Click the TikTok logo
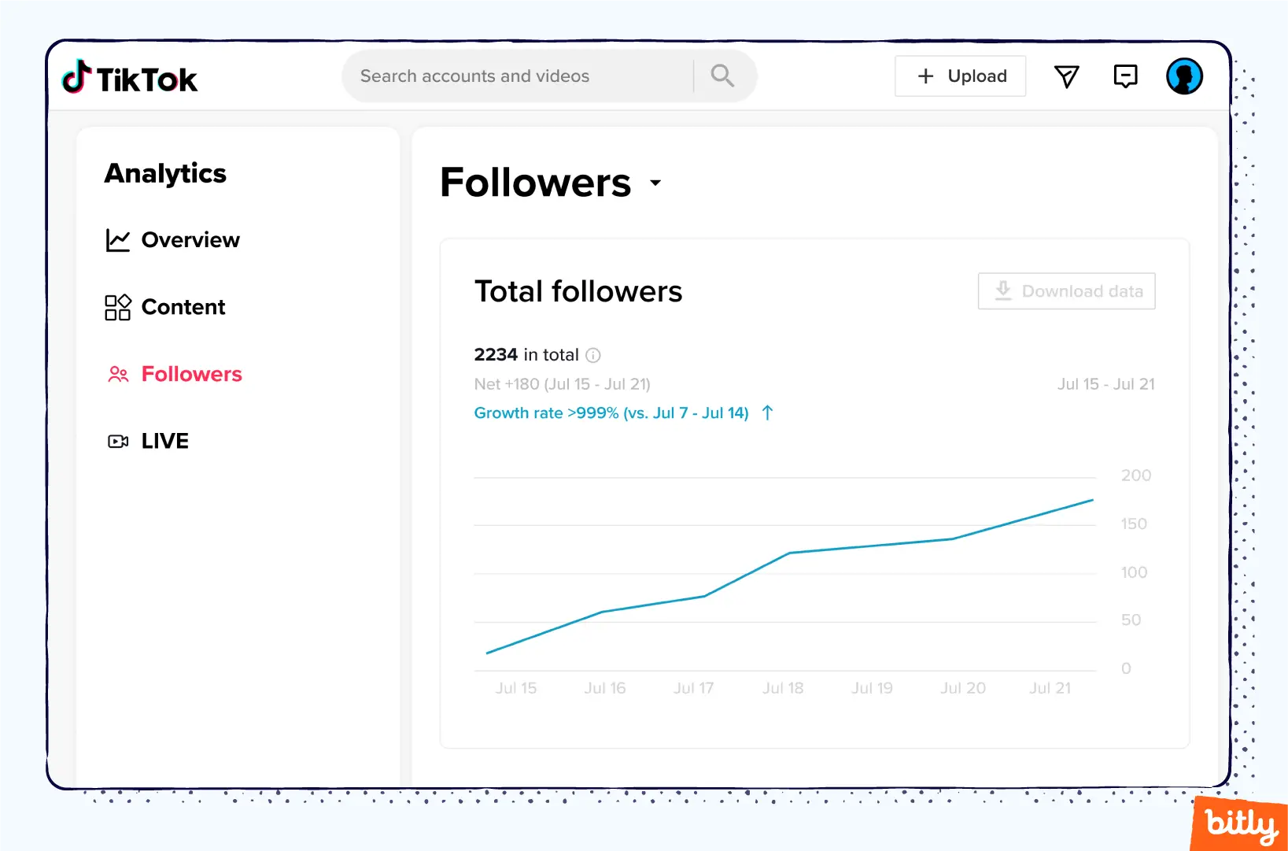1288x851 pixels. [x=130, y=78]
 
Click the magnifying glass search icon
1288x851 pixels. [x=722, y=76]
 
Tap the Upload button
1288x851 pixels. [x=960, y=76]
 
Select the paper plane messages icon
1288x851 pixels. [x=1066, y=76]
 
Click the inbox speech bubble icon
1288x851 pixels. [x=1125, y=76]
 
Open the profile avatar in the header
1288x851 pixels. [x=1184, y=76]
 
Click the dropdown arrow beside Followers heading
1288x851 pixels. [x=655, y=183]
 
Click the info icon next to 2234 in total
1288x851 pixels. [x=593, y=355]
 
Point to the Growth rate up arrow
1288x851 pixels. [x=768, y=413]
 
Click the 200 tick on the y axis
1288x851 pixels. [x=1135, y=475]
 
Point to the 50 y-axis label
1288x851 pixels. [x=1131, y=620]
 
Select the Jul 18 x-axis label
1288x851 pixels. [x=783, y=688]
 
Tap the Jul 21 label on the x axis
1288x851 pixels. [x=1050, y=688]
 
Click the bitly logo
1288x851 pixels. [x=1241, y=824]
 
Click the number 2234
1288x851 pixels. [x=496, y=355]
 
